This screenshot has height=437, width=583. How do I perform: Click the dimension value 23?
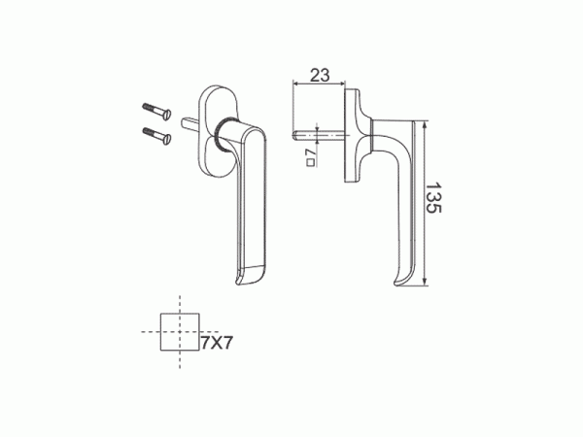[x=320, y=75]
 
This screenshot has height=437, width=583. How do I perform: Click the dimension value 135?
[x=433, y=197]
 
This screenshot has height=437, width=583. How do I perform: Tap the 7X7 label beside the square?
[x=217, y=342]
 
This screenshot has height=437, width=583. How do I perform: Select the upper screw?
[x=156, y=111]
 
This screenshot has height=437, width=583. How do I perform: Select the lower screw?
[x=156, y=135]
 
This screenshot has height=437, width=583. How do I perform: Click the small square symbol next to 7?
[x=311, y=162]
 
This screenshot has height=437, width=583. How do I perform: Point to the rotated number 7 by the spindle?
[x=310, y=152]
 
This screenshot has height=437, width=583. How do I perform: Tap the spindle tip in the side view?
[x=294, y=136]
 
